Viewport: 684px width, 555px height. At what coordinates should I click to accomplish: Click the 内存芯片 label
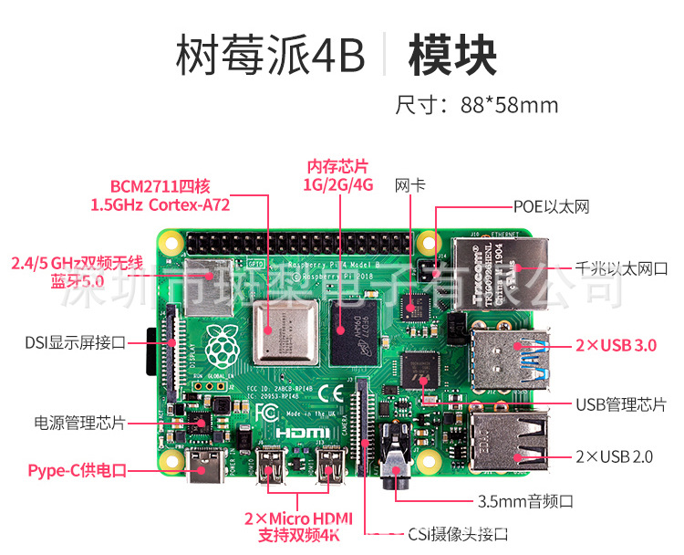coord(338,166)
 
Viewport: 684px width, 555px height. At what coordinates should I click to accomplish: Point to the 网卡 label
coord(409,184)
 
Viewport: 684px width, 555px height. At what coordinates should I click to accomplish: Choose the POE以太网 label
coord(551,206)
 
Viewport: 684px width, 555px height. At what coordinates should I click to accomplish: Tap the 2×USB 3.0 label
coord(616,346)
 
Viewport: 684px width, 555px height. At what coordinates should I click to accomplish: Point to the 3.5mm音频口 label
coord(525,501)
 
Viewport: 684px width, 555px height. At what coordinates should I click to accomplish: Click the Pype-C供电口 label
coord(77,470)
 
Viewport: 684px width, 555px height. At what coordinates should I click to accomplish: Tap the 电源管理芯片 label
coord(79,423)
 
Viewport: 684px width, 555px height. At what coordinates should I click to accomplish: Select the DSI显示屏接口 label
coord(75,343)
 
